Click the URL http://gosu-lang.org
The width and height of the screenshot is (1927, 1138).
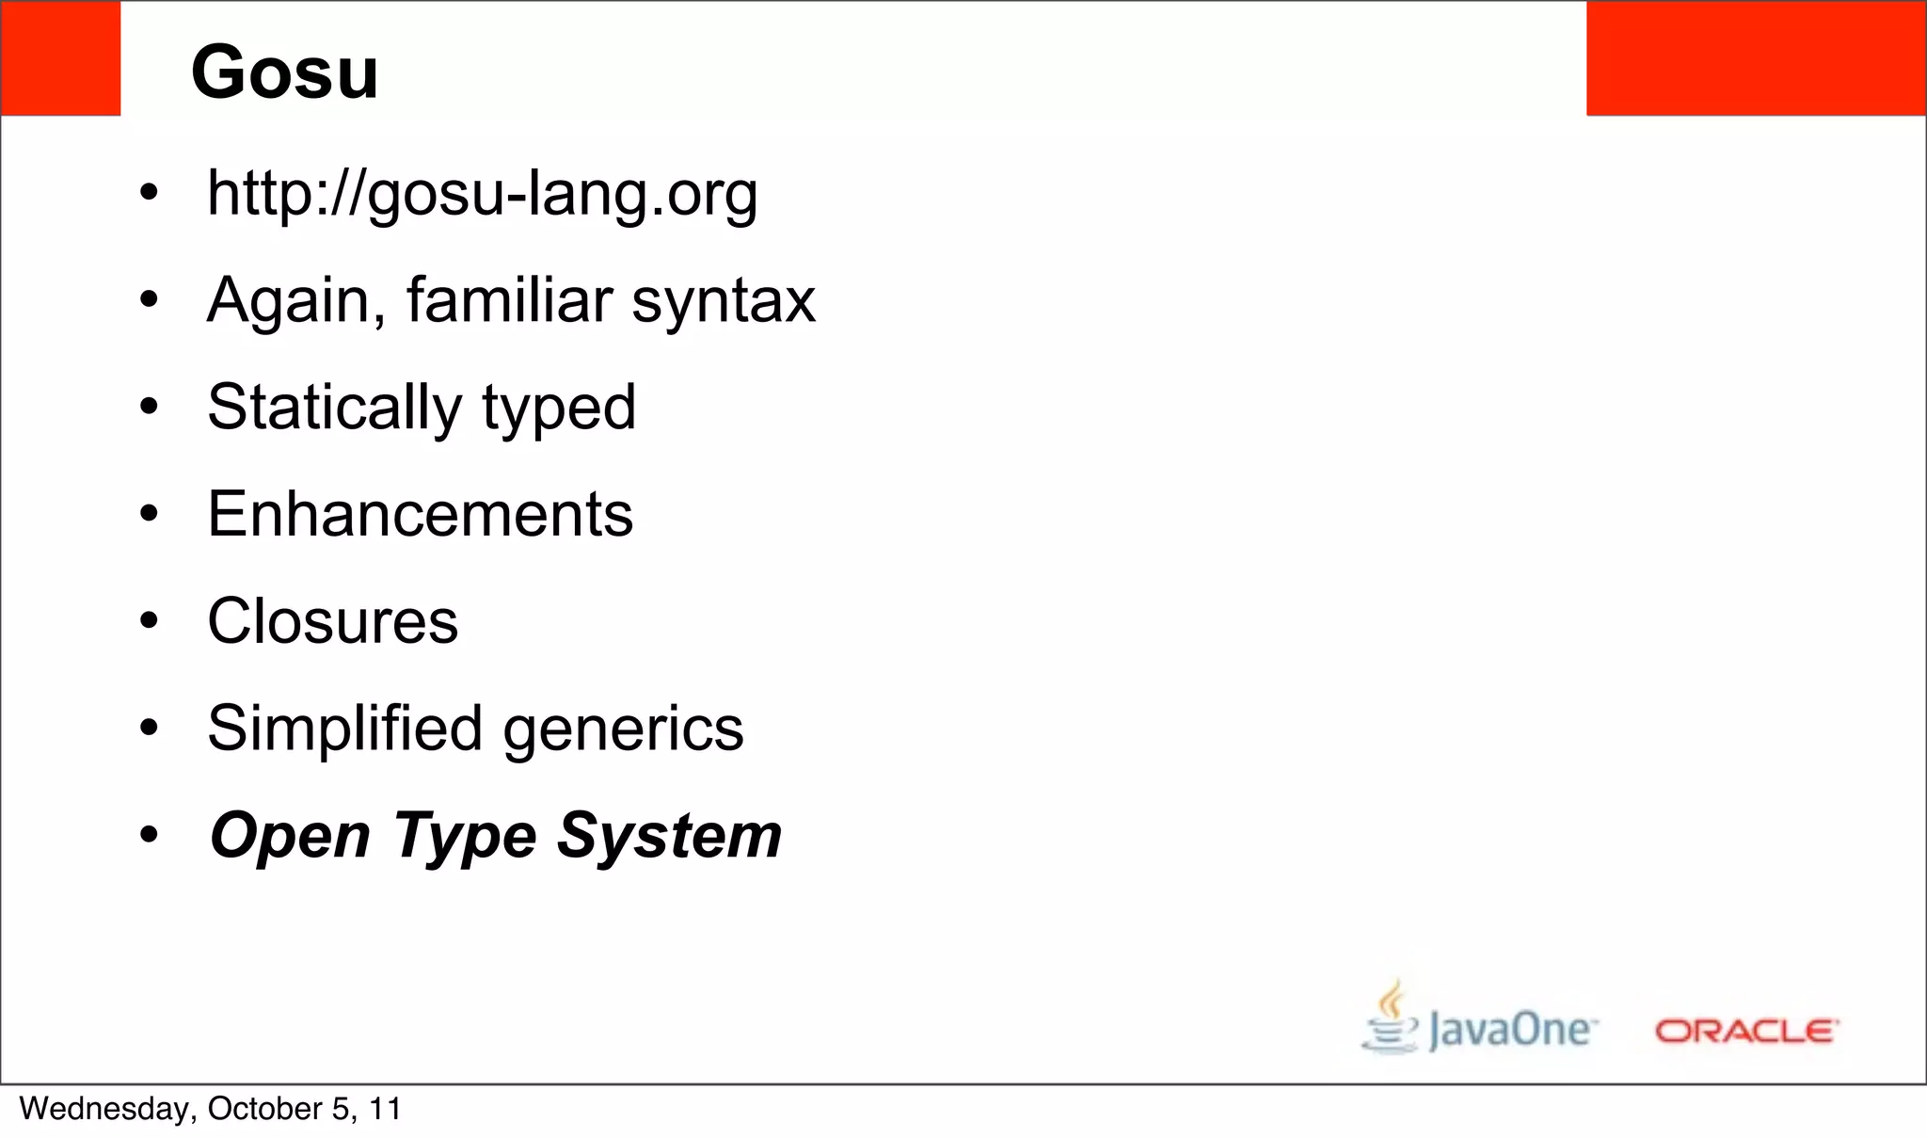click(x=482, y=193)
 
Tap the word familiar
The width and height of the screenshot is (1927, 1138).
click(x=509, y=300)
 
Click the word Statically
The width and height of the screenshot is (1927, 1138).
click(x=334, y=408)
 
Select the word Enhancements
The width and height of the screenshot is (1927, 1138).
click(x=421, y=514)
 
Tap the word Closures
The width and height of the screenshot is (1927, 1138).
click(x=332, y=621)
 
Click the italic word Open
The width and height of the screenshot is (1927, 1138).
click(x=290, y=836)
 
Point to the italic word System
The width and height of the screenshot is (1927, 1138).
click(x=669, y=836)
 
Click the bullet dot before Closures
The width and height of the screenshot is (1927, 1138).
click(x=149, y=621)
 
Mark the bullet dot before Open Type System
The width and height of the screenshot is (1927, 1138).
click(x=149, y=836)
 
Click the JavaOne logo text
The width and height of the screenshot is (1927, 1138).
click(x=1511, y=1029)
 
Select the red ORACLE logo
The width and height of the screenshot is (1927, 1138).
click(x=1745, y=1031)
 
